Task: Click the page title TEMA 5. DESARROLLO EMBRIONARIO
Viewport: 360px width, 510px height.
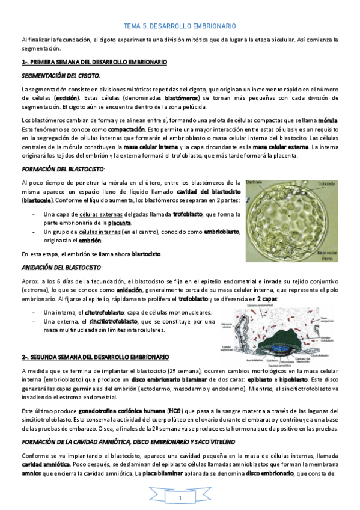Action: [180, 26]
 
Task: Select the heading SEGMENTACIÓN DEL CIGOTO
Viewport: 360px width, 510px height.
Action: [60, 76]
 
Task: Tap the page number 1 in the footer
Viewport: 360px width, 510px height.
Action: [180, 499]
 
